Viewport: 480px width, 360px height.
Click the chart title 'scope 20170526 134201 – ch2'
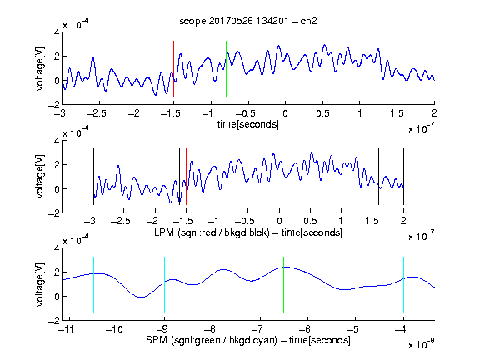[x=248, y=21]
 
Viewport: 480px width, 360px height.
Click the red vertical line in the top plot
[x=173, y=68]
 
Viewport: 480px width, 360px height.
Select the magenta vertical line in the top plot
[x=397, y=68]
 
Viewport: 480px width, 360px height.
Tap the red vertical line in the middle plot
[x=186, y=177]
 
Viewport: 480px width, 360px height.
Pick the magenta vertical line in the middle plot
[x=372, y=177]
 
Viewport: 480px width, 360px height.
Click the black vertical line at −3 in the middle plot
[x=93, y=177]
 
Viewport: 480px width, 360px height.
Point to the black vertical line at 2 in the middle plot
[x=403, y=177]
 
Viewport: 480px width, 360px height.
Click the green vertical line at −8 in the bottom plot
[x=212, y=285]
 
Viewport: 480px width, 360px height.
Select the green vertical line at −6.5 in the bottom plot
[x=284, y=285]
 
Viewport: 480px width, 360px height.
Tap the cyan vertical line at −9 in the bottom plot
[x=165, y=285]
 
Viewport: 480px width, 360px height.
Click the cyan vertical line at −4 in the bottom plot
[x=404, y=285]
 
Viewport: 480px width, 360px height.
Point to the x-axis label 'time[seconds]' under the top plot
[x=248, y=124]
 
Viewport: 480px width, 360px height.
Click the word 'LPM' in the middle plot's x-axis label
[x=164, y=232]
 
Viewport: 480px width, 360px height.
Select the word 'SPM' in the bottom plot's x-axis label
[x=157, y=340]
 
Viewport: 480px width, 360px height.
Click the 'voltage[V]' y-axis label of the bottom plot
[x=40, y=284]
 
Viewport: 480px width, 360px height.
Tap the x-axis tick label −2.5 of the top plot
[x=96, y=113]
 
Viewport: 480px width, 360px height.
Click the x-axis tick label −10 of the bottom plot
[x=114, y=329]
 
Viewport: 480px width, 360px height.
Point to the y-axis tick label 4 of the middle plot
[x=57, y=141]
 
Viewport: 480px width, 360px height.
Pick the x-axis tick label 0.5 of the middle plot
[x=310, y=221]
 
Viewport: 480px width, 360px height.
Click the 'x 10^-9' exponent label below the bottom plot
[x=421, y=344]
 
